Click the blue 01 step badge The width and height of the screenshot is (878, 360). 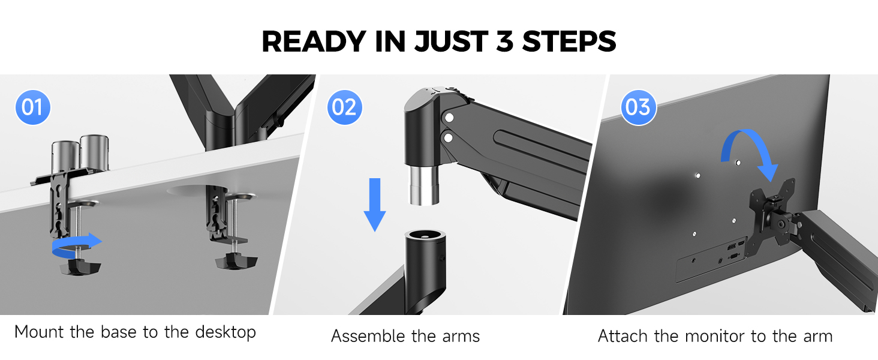pyautogui.click(x=32, y=107)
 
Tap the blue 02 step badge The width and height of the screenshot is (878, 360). pyautogui.click(x=344, y=107)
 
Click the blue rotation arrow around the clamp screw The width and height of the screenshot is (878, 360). pyautogui.click(x=77, y=243)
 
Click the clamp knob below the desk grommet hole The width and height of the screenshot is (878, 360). pyautogui.click(x=236, y=262)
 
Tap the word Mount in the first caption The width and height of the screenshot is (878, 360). pyautogui.click(x=40, y=332)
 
